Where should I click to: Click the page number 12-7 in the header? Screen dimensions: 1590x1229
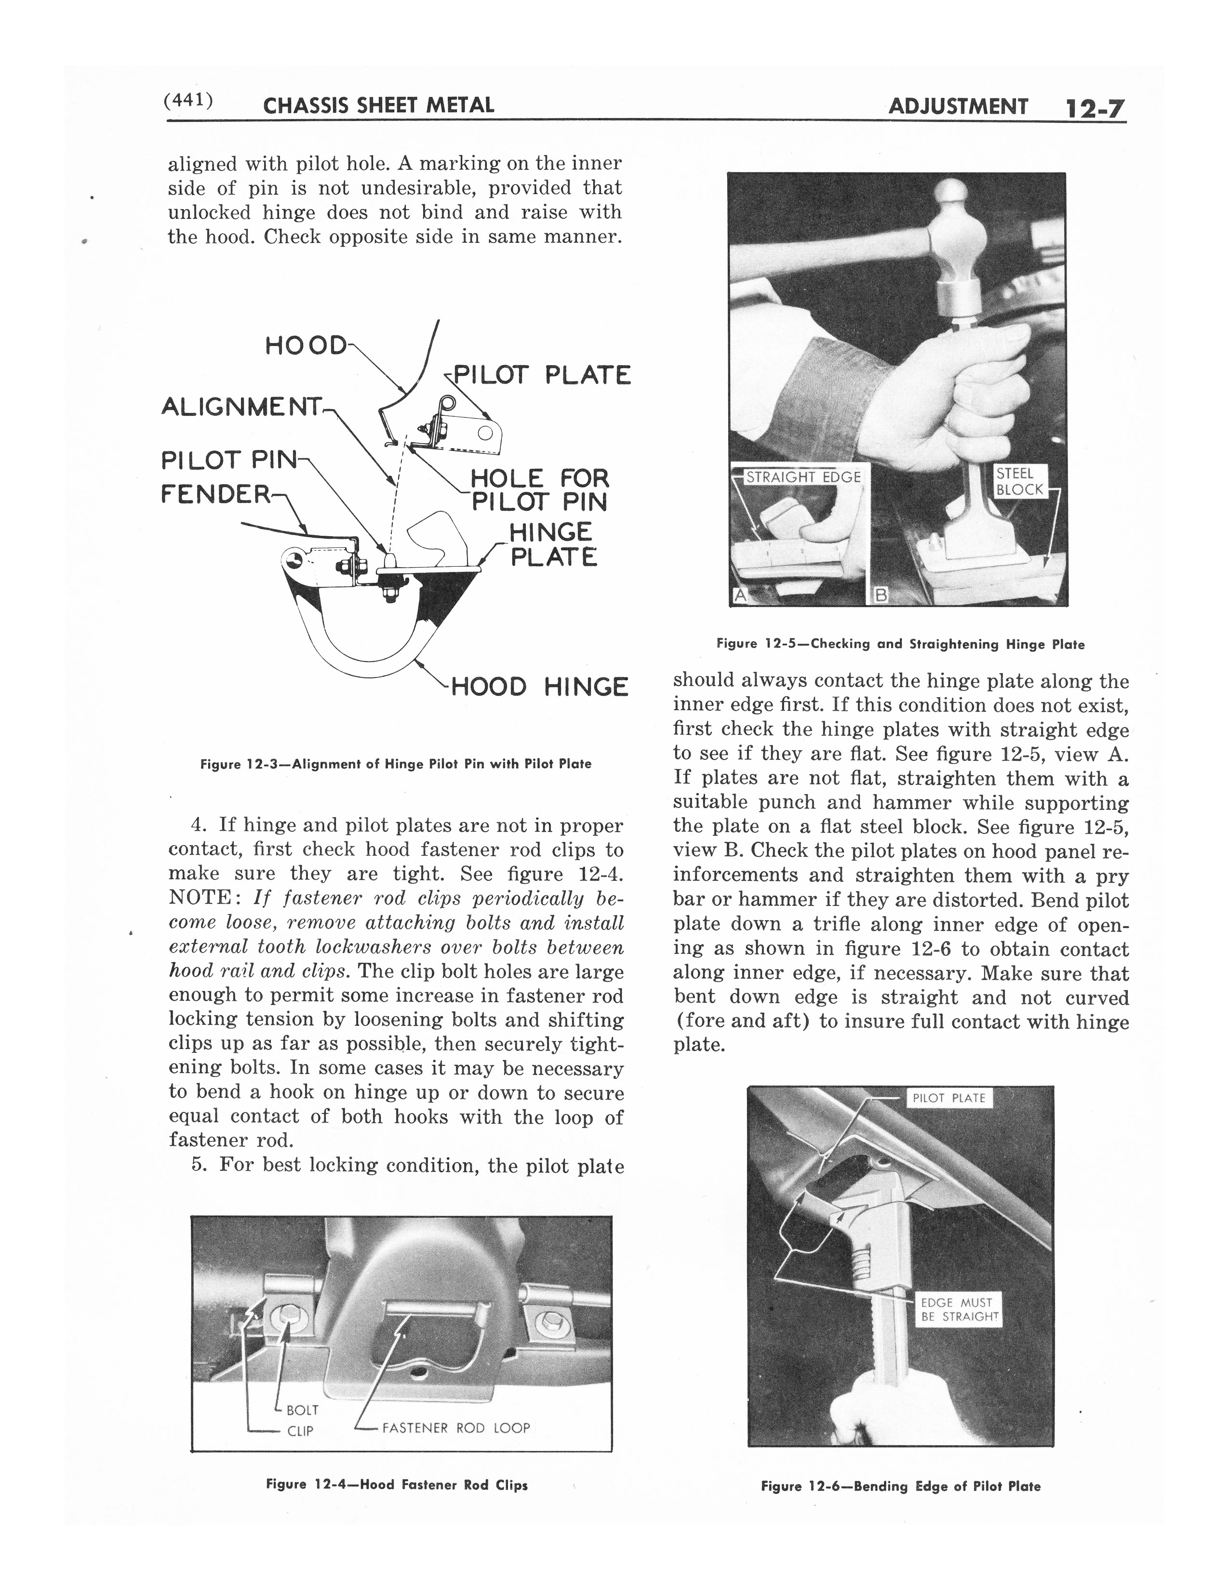coord(1095,109)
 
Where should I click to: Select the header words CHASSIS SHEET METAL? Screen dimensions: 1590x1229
coord(378,106)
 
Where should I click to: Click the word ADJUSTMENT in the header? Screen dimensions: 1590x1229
coord(958,107)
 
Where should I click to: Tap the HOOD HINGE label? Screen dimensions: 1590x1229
coord(539,687)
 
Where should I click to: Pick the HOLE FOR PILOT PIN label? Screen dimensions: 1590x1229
coord(539,490)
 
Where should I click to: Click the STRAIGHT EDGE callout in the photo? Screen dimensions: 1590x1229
coord(804,477)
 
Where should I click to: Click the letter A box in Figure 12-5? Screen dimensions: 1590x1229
coord(740,596)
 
